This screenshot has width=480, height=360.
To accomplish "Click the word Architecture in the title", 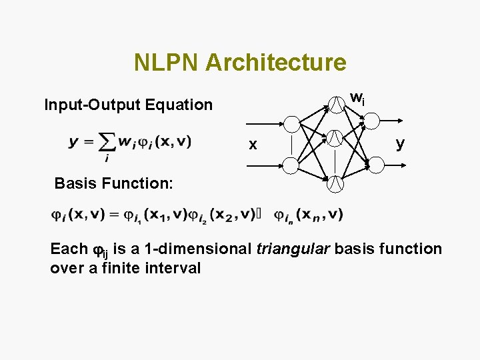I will coord(276,63).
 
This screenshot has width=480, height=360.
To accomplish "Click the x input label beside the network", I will coord(251,145).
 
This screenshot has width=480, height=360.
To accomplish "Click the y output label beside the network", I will coord(400,143).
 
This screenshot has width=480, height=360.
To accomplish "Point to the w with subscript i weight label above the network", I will coord(357,99).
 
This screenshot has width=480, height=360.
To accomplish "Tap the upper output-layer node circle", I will coord(372,121).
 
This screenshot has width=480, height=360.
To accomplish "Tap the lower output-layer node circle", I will coord(372,163).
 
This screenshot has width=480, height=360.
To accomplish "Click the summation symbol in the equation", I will coord(106,143).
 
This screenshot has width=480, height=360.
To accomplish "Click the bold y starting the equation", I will coord(73,142).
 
